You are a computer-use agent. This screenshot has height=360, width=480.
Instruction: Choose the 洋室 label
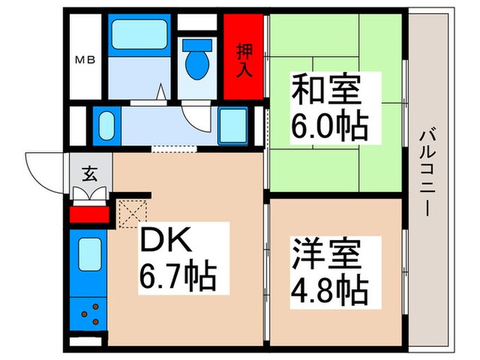click(x=328, y=255)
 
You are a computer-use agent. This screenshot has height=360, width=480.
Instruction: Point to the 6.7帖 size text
click(x=178, y=278)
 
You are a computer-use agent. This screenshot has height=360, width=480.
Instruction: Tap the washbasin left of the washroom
click(x=106, y=125)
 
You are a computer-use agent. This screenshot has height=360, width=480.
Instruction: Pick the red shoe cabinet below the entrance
click(x=90, y=215)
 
